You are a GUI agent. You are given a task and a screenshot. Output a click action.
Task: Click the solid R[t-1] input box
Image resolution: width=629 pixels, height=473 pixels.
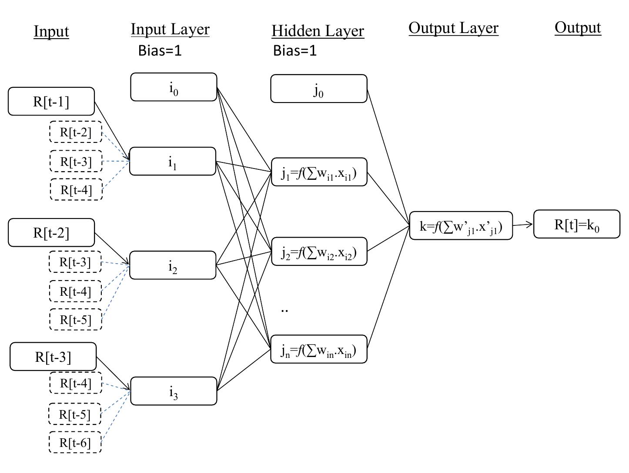coord(51,102)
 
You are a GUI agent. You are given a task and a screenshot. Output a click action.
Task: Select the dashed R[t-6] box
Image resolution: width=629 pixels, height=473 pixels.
coord(75,443)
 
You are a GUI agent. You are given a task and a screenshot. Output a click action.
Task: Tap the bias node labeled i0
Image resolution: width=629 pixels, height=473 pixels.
coord(174,87)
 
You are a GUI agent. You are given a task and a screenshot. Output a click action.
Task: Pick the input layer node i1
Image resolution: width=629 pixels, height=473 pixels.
coord(173,162)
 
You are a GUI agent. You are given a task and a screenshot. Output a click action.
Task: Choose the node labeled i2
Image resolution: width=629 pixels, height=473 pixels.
coord(173,265)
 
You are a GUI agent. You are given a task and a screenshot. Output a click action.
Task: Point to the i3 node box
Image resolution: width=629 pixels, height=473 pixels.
coord(174,391)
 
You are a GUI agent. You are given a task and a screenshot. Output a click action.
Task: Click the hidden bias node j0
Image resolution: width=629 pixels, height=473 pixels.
coord(319,89)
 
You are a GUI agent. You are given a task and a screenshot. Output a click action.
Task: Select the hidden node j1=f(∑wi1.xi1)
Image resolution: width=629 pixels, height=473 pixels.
coord(319,172)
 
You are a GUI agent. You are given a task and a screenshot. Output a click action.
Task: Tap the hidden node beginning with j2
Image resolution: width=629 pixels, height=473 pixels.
coord(319,251)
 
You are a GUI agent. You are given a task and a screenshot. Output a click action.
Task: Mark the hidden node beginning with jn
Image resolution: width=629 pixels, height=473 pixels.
coord(319,349)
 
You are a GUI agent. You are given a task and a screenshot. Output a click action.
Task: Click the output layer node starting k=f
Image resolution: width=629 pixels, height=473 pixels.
coord(461,226)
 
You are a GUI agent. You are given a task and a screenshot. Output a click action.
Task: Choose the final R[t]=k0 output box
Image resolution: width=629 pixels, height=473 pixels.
coord(577,225)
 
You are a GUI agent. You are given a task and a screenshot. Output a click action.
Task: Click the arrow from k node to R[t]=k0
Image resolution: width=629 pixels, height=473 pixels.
coord(523,225)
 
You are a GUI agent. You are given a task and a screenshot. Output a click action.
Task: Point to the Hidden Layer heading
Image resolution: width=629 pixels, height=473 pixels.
coord(318,31)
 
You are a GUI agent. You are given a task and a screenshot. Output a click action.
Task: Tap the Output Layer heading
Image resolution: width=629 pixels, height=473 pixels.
coord(453,28)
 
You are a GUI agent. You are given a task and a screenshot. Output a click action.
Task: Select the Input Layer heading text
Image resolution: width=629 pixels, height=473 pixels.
coord(170,29)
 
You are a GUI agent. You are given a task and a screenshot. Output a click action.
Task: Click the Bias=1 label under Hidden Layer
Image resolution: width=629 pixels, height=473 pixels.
coord(295,50)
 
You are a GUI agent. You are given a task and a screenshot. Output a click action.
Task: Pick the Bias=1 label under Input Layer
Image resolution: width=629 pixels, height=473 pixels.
coord(160,50)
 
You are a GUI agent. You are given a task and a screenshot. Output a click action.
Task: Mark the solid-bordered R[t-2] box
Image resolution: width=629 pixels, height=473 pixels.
coord(51,233)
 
